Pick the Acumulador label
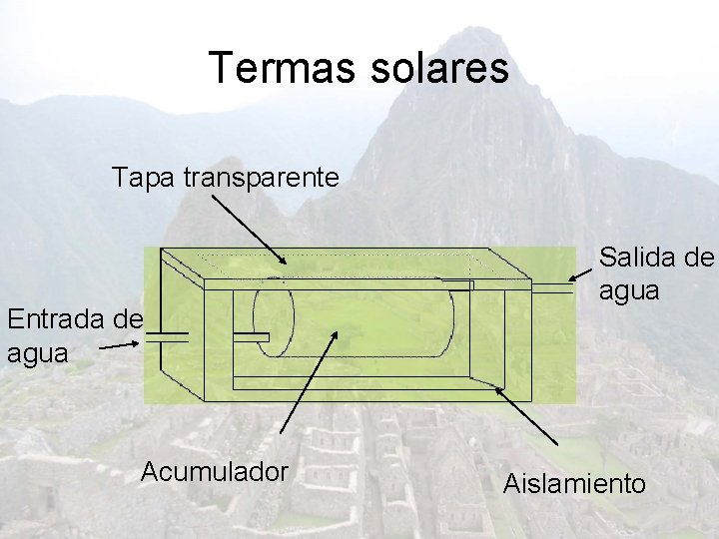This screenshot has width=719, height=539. pyautogui.click(x=215, y=470)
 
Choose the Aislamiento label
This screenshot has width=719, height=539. pyautogui.click(x=574, y=484)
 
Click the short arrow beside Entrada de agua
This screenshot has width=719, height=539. pyautogui.click(x=122, y=344)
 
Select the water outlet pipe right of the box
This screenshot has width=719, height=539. pyautogui.click(x=550, y=287)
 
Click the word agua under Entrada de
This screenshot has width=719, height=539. pyautogui.click(x=37, y=352)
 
